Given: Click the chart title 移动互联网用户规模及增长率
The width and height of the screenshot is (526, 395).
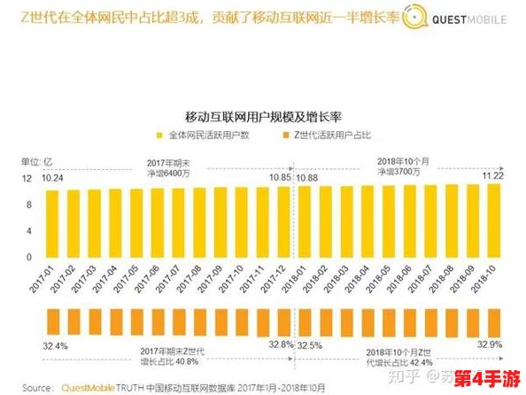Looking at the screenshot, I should (x=264, y=116).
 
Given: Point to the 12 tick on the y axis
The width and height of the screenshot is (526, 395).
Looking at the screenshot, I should (x=27, y=180).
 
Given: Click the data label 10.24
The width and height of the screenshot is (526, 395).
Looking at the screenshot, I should (x=53, y=178).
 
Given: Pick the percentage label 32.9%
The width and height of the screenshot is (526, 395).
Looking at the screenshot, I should (x=491, y=344).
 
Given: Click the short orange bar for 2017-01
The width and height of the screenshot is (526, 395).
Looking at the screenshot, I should (x=53, y=321).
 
